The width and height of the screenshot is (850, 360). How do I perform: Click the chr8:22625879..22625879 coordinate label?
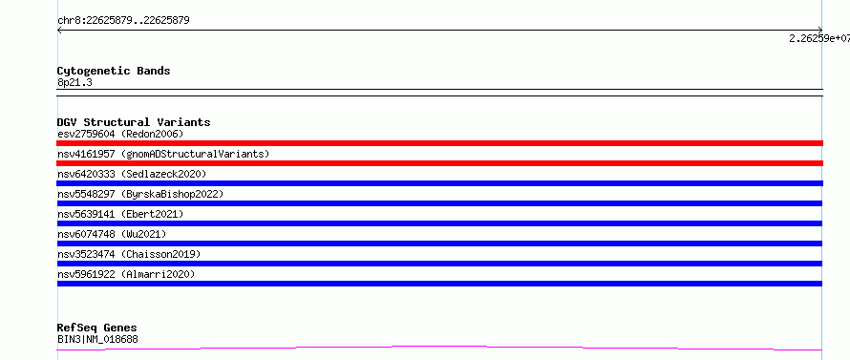[123, 21]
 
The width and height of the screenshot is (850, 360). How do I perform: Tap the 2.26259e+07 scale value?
[819, 38]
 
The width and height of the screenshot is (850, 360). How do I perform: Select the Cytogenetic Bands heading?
[114, 71]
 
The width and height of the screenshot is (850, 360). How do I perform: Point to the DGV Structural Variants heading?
[134, 122]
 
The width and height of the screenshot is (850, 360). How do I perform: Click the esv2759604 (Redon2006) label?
[120, 134]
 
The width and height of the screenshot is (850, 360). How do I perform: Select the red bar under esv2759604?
[439, 143]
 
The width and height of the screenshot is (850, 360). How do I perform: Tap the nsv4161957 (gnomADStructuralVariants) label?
[163, 154]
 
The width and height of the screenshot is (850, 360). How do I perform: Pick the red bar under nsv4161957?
[439, 163]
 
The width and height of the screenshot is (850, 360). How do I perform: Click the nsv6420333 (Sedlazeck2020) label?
[132, 174]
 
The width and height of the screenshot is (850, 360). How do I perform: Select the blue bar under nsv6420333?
[439, 183]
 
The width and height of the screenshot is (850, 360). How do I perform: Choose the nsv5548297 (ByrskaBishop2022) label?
[140, 194]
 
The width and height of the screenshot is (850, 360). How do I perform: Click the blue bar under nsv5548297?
[439, 203]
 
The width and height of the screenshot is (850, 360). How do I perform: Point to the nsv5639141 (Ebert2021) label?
[120, 214]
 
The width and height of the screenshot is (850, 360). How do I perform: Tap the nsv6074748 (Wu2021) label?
[112, 234]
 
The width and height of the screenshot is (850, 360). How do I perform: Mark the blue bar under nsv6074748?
[439, 244]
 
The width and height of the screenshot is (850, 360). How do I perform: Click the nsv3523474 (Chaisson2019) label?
[129, 254]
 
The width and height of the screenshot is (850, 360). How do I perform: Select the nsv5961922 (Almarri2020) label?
[126, 274]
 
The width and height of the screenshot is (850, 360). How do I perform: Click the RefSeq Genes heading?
[97, 328]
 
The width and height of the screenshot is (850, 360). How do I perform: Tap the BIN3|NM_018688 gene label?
[97, 339]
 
